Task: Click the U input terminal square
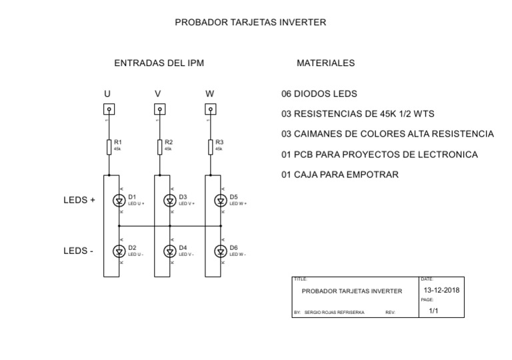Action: point(107,110)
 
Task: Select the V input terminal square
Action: point(158,110)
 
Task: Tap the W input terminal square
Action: point(210,110)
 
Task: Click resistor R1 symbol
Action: point(108,147)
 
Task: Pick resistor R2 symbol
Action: point(159,147)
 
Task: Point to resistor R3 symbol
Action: point(211,147)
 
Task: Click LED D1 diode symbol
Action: point(120,200)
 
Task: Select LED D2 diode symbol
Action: point(120,251)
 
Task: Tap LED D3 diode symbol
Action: point(171,200)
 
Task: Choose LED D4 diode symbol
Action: point(171,251)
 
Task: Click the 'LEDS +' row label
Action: point(79,200)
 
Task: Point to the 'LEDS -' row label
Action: point(78,251)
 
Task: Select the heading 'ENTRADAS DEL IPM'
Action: point(159,63)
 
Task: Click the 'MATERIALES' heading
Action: point(325,63)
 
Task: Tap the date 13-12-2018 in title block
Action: point(441,291)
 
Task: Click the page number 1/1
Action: point(433,311)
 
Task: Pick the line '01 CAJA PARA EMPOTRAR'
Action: point(340,175)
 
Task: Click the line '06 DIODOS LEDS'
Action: point(319,94)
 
